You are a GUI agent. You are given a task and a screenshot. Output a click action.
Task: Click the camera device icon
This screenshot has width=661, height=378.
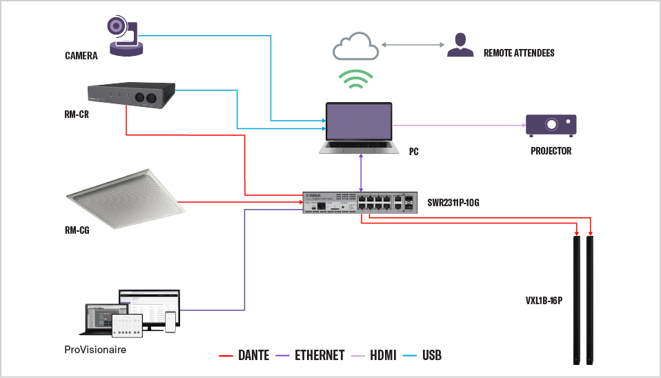125,35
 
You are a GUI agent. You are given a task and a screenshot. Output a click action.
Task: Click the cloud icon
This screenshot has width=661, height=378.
355,47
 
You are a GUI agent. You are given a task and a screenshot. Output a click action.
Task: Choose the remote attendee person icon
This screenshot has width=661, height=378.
460,45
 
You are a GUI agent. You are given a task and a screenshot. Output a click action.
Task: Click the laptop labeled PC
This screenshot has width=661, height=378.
359,128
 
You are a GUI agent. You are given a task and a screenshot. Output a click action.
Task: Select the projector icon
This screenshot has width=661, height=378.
551,125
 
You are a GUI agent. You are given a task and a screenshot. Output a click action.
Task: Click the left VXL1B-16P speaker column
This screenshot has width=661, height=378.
577,299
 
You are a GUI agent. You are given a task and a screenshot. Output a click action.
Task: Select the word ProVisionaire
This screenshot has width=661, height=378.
95,350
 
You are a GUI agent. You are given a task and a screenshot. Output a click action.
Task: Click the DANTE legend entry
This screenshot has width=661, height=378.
244,356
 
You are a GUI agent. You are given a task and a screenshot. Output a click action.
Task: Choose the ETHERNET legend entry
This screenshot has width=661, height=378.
311,356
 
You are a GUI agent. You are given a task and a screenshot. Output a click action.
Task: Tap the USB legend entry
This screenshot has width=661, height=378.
424,356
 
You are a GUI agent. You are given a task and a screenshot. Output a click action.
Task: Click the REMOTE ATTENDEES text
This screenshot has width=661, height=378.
519,53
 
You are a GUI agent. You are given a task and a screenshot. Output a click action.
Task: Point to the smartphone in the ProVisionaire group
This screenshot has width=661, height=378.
170,321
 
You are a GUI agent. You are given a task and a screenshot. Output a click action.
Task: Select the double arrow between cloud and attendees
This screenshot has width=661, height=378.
411,45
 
